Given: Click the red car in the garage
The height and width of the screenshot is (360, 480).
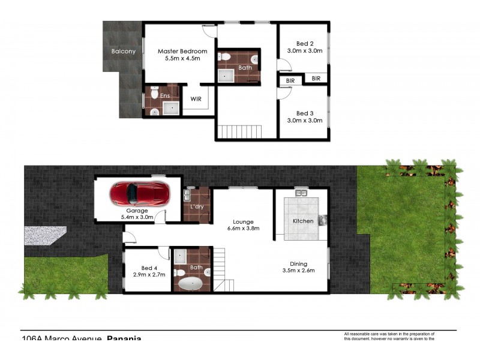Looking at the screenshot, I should coord(139,194).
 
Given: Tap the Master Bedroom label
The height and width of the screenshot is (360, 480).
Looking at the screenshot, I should coord(182,52).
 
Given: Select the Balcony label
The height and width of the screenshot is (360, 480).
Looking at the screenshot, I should coord(124,52).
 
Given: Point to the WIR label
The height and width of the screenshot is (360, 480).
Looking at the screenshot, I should coord(196,98).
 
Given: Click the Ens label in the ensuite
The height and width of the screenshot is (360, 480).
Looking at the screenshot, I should coord(164,95).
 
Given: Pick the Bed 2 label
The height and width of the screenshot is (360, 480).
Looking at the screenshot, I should coord(305,43).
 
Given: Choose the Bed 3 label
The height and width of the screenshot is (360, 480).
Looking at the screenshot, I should coord(305,113).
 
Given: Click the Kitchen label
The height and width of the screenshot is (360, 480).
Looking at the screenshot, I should coord(303,221).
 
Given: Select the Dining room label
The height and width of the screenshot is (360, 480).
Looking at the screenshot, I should coord(298,263).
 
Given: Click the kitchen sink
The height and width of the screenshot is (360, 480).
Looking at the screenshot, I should coord(301,194).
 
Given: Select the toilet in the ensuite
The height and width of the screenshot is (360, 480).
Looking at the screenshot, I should coord(155,94).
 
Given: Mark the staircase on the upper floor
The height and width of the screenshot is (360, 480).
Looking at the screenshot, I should coord(240,131).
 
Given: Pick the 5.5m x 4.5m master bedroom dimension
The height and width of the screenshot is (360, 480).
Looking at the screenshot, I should coord(182,59).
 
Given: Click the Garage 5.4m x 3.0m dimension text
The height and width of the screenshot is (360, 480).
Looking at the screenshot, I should coord(137,217).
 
